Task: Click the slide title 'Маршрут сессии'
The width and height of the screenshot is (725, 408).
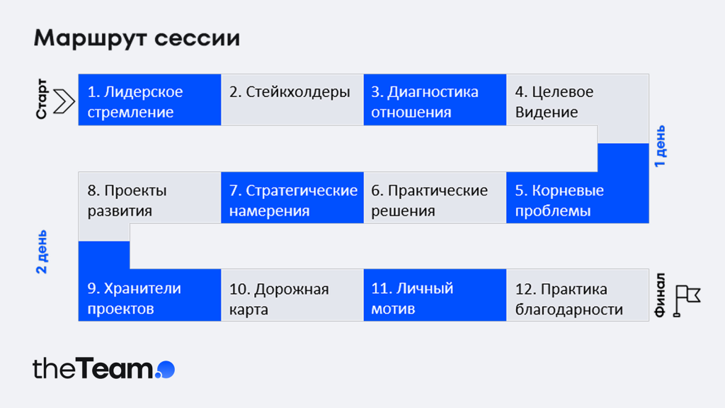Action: pyautogui.click(x=137, y=38)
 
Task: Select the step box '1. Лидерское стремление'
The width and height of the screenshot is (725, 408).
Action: pyautogui.click(x=150, y=99)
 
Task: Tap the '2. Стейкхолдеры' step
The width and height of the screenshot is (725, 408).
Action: pyautogui.click(x=292, y=99)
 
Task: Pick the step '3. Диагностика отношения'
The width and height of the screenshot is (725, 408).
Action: pyautogui.click(x=435, y=99)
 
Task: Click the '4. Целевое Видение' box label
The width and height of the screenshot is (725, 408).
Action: pyautogui.click(x=554, y=102)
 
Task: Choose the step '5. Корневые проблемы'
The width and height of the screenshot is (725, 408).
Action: pyautogui.click(x=578, y=198)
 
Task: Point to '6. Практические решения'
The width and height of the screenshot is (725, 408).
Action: pyautogui.click(x=435, y=198)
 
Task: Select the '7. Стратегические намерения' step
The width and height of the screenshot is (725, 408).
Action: pyautogui.click(x=292, y=198)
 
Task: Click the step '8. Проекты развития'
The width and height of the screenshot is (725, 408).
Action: pyautogui.click(x=150, y=198)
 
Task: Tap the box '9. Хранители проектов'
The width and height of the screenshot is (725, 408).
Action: pyautogui.click(x=150, y=295)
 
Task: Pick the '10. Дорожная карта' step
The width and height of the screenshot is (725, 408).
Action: pyautogui.click(x=292, y=295)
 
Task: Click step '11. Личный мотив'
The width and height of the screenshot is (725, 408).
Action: pyautogui.click(x=435, y=295)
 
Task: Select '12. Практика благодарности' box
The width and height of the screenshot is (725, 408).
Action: pyautogui.click(x=578, y=295)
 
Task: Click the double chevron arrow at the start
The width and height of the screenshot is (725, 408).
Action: pyautogui.click(x=64, y=101)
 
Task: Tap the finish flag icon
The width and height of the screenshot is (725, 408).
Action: pyautogui.click(x=687, y=300)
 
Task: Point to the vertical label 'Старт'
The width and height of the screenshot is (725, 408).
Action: pyautogui.click(x=42, y=99)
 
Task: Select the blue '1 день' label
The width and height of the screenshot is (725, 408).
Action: pyautogui.click(x=661, y=146)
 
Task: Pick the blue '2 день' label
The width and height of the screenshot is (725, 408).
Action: pyautogui.click(x=42, y=251)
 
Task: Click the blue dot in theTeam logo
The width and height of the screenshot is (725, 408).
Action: pyautogui.click(x=166, y=370)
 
